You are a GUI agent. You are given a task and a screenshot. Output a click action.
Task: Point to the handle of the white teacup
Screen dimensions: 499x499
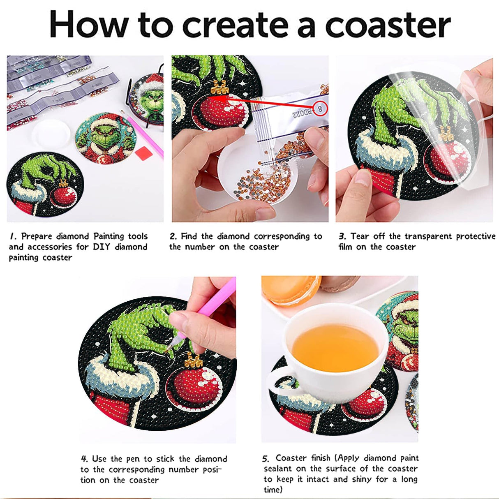point(280,381)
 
